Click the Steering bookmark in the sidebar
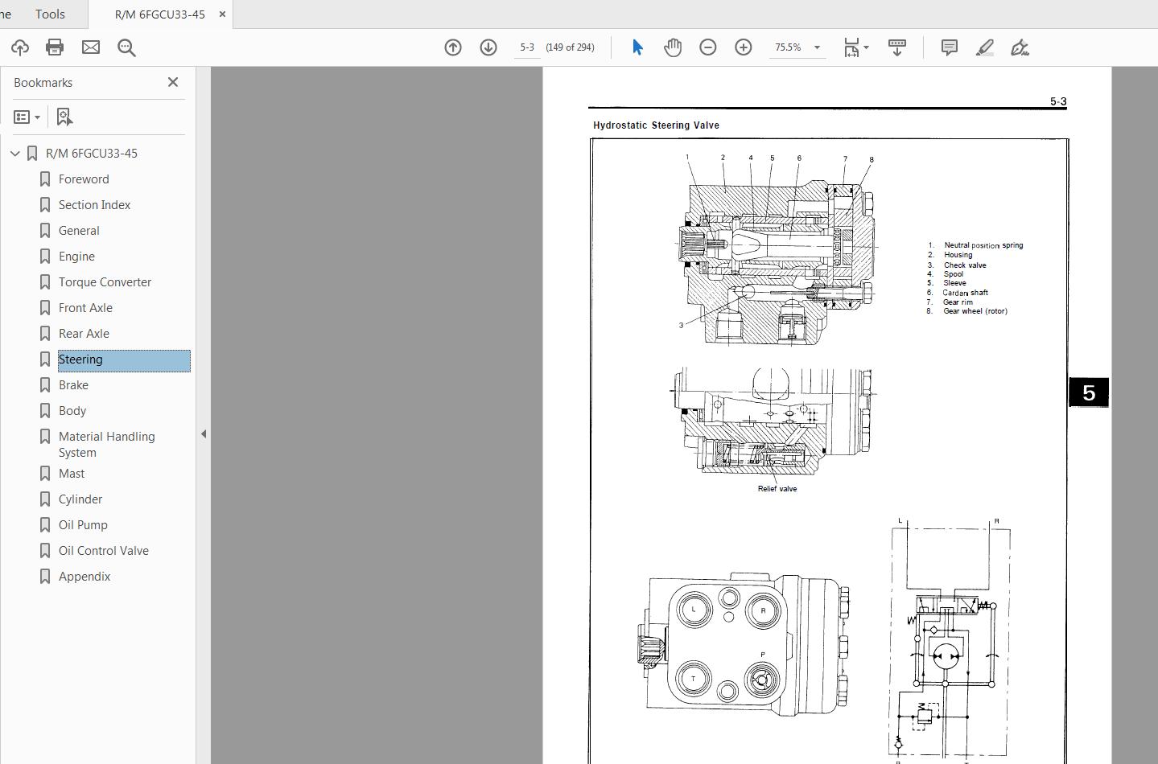(x=80, y=359)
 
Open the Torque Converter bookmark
(x=105, y=282)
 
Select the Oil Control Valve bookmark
(x=103, y=551)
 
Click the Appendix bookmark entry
(x=84, y=577)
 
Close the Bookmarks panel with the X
(x=173, y=82)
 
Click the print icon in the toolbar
(x=55, y=47)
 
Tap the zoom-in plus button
(x=744, y=47)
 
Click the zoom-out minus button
(x=708, y=47)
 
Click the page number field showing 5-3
(x=527, y=47)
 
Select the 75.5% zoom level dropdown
(x=797, y=47)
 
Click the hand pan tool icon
(x=673, y=47)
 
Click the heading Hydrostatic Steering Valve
(x=656, y=125)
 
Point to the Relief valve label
(x=777, y=489)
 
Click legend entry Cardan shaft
(x=965, y=293)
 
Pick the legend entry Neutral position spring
(x=983, y=245)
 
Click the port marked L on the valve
(x=694, y=610)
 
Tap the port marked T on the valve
(x=694, y=679)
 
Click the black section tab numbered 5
(x=1089, y=392)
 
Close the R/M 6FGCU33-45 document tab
(x=223, y=14)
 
